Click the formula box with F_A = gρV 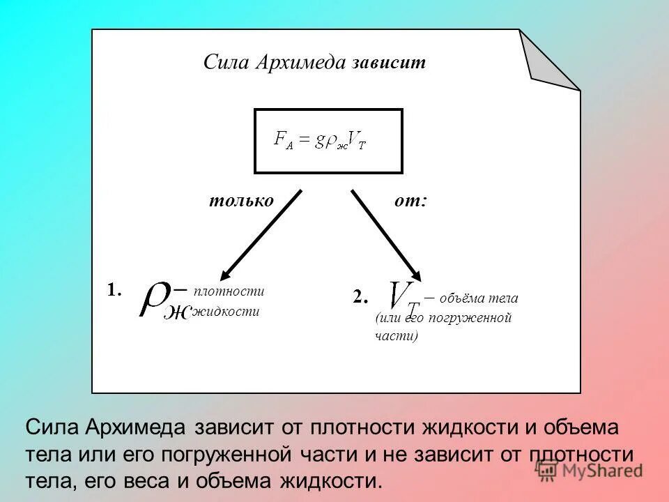click(x=328, y=140)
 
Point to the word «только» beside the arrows click(x=241, y=201)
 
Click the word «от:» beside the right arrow click(x=410, y=201)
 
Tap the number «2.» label click(x=360, y=297)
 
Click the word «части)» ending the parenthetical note click(x=396, y=336)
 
